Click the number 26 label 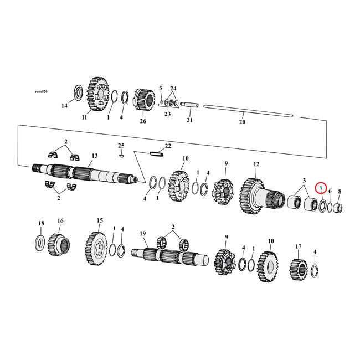(143, 121)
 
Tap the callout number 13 (95, 156)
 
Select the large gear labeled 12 (253, 195)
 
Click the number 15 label (100, 220)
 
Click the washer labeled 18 (40, 241)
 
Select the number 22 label (168, 146)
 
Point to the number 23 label (167, 114)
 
